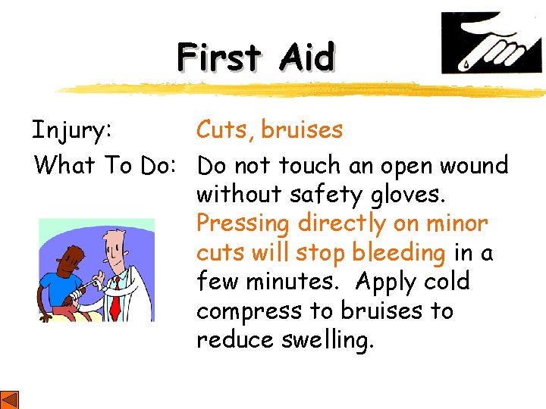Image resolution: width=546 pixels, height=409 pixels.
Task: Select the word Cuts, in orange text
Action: click(225, 130)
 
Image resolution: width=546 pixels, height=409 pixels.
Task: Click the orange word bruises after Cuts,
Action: click(302, 130)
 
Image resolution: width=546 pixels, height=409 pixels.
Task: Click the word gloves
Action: click(409, 195)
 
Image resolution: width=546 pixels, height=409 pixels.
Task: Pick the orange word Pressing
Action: click(243, 224)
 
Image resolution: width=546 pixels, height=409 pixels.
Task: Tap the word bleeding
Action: click(399, 253)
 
